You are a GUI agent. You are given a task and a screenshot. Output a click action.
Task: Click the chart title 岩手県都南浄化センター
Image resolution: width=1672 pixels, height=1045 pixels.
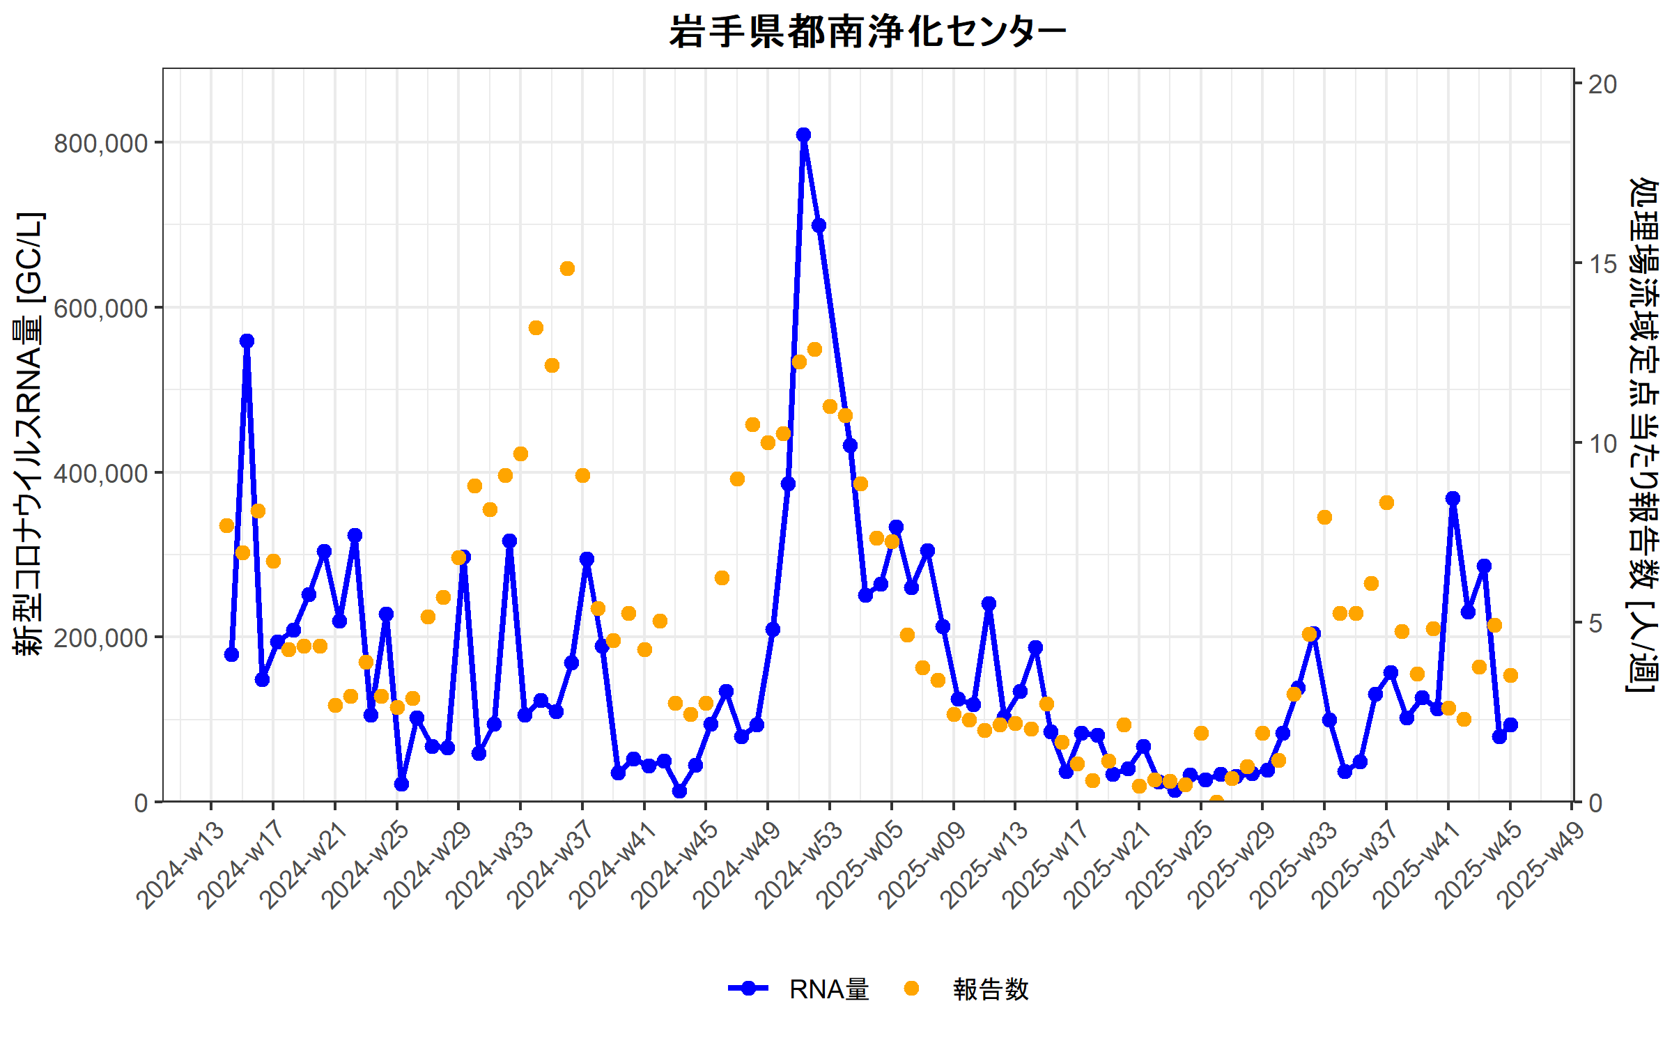tap(867, 32)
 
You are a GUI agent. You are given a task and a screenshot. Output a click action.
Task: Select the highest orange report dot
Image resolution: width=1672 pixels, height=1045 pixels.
tap(567, 269)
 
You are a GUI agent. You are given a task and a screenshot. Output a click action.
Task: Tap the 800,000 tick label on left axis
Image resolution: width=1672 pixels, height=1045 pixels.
tap(101, 144)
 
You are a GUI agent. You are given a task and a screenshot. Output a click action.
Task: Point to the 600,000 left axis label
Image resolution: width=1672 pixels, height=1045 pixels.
tap(101, 308)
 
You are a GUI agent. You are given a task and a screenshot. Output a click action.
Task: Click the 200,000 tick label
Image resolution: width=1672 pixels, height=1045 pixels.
tap(101, 637)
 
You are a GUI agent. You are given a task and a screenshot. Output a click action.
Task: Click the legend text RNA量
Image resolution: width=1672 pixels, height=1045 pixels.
tap(829, 989)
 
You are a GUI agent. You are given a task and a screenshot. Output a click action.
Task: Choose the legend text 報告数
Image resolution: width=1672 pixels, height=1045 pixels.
tap(991, 989)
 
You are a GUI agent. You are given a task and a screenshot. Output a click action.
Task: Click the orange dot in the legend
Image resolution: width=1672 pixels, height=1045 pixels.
tap(911, 989)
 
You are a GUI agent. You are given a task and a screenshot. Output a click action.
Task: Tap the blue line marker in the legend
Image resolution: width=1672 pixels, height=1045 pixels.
tap(748, 989)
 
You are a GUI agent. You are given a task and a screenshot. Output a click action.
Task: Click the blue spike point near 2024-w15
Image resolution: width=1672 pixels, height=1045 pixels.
tap(247, 341)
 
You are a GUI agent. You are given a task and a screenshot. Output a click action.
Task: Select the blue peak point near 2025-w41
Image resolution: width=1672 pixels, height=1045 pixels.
tap(1453, 499)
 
